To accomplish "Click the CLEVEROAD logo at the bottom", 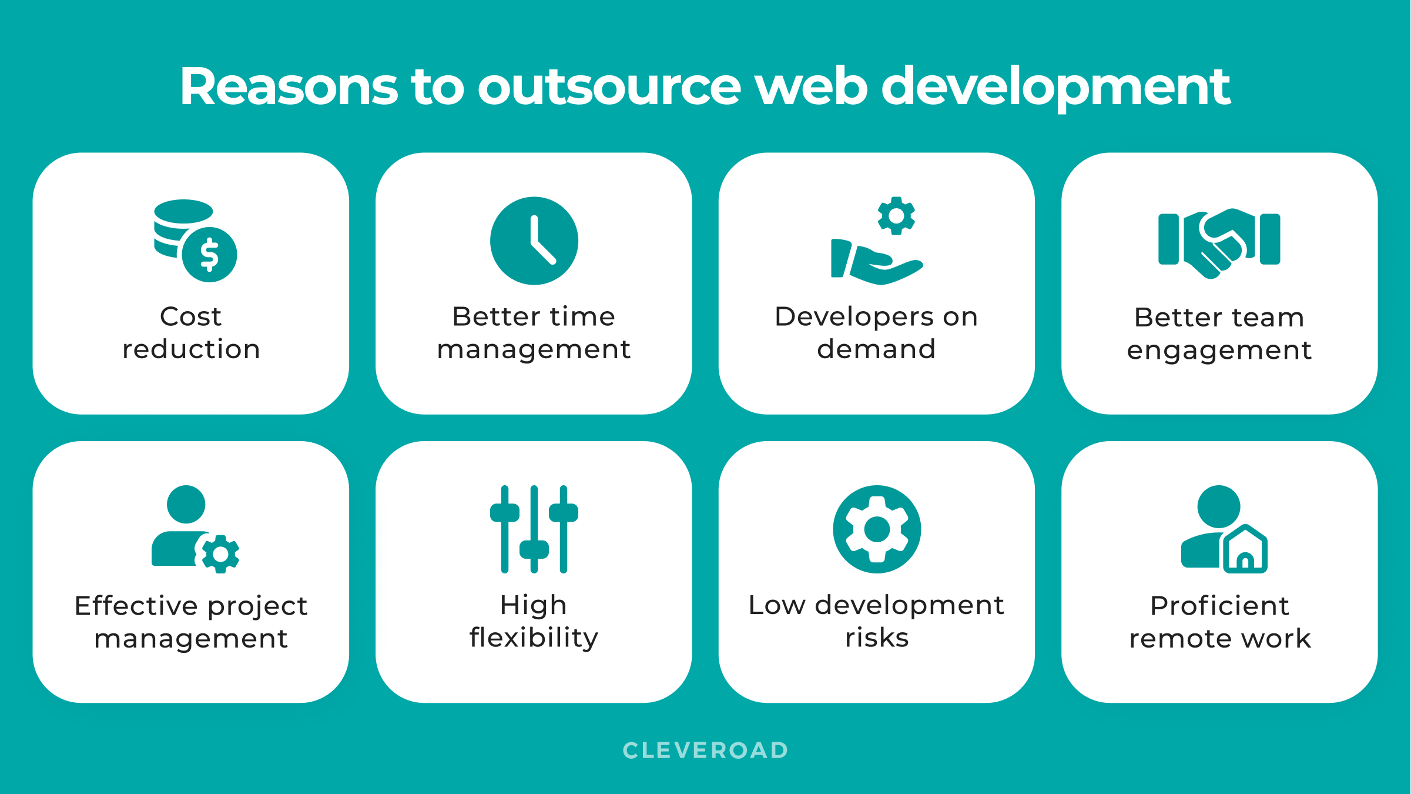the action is pos(705,750).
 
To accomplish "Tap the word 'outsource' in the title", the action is pos(609,87).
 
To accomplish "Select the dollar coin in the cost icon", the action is pos(210,255).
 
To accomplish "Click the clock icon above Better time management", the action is pos(534,241).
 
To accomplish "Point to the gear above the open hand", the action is pos(896,216).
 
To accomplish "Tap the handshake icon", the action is pos(1219,243).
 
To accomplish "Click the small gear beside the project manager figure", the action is pos(220,554).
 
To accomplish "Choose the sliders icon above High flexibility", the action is pos(534,529).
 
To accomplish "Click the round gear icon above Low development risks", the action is pos(877,529).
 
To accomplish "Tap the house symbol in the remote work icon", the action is pos(1245,549).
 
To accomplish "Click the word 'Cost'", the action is pos(190,316).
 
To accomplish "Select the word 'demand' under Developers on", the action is pos(876,349).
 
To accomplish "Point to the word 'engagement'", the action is pos(1219,351).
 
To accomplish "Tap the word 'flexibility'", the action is pos(534,638).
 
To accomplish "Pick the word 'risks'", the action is pos(877,638).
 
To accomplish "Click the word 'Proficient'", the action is pos(1219,606).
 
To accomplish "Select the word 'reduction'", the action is pos(191,349).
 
